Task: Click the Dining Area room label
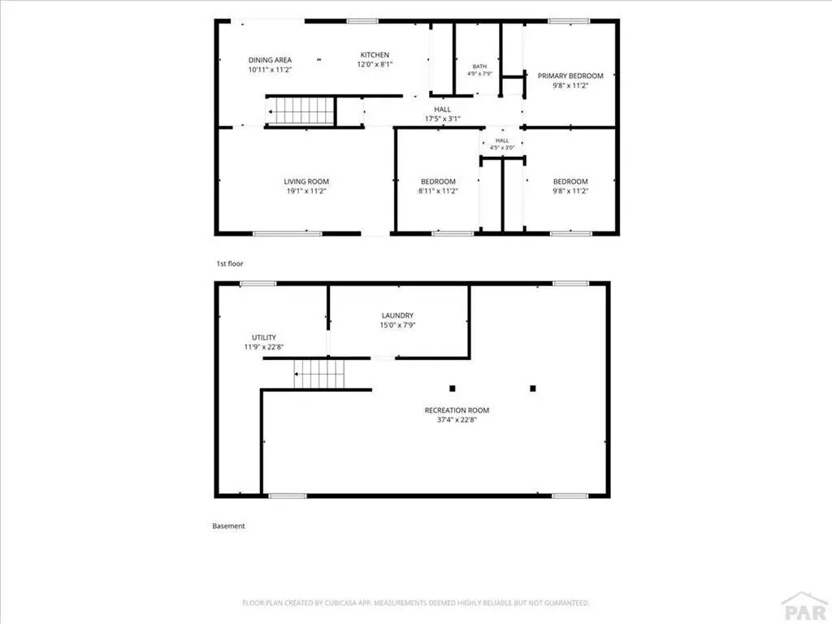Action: (x=270, y=60)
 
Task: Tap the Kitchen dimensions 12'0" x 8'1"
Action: (x=375, y=64)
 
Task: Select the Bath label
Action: (x=479, y=67)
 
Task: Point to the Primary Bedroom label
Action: (x=570, y=76)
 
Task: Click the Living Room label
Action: (x=306, y=181)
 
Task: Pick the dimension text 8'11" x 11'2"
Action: (x=438, y=191)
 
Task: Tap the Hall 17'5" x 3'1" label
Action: (x=442, y=114)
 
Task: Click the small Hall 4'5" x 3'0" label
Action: (x=502, y=144)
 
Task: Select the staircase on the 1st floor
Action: (x=301, y=111)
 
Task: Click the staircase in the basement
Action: (x=319, y=374)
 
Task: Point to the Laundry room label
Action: (x=397, y=315)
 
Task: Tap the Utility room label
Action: (x=264, y=337)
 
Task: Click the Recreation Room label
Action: (x=457, y=410)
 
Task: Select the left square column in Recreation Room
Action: (x=452, y=388)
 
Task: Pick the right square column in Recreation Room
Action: (x=533, y=388)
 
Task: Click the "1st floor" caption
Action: (x=230, y=264)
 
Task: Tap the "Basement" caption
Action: (x=228, y=526)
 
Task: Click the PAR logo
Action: (x=805, y=607)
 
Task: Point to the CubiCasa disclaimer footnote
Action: (x=416, y=603)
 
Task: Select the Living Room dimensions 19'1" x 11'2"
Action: (x=306, y=191)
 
